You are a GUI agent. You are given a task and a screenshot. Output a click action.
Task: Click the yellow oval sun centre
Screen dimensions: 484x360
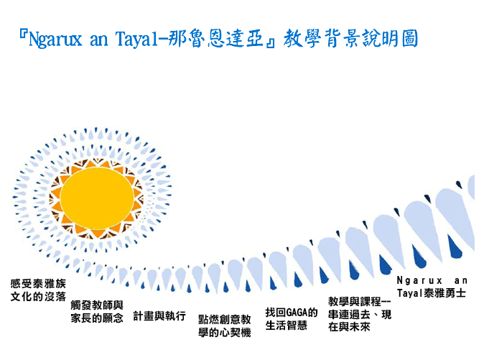point(97,198)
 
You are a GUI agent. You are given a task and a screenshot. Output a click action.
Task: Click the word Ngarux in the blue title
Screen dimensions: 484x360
point(55,40)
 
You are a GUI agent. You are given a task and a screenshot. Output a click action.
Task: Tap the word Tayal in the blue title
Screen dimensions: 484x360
point(138,40)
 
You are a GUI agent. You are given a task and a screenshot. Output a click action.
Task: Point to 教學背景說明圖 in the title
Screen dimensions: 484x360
point(350,38)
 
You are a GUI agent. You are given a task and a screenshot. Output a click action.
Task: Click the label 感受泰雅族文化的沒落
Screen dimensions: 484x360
point(38,290)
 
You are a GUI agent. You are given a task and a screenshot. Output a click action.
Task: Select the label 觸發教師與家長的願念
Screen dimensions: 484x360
point(97,312)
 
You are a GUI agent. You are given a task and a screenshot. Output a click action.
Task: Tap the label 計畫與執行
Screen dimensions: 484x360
point(159,316)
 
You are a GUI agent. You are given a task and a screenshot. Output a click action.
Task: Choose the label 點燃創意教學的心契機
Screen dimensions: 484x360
point(224,326)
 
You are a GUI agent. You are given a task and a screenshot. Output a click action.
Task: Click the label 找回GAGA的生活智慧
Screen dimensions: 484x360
point(292,319)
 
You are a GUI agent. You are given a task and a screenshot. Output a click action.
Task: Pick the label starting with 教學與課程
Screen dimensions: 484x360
point(360,314)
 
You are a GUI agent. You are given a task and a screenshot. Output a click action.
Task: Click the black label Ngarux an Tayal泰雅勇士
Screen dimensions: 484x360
point(432,287)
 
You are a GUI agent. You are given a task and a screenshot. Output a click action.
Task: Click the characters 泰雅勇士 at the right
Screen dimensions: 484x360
point(445,293)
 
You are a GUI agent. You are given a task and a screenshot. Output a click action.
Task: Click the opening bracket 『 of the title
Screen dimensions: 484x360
point(23,34)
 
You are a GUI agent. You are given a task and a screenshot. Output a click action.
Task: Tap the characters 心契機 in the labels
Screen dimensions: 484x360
point(236,332)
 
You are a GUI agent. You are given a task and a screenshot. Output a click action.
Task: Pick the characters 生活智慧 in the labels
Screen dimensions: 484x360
point(286,325)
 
